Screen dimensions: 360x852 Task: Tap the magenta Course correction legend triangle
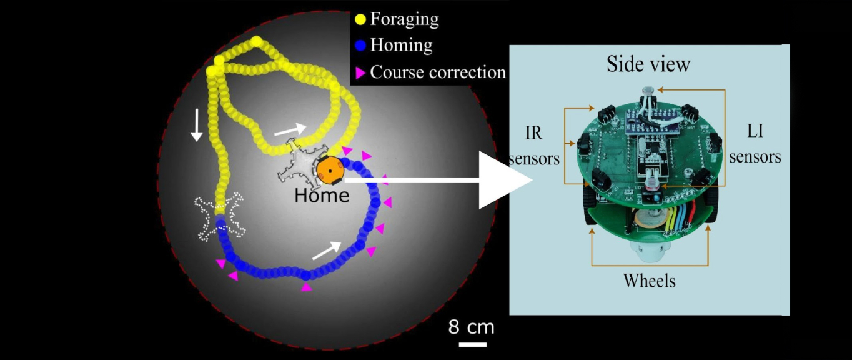pyautogui.click(x=360, y=73)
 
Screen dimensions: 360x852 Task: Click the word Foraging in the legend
pyautogui.click(x=404, y=19)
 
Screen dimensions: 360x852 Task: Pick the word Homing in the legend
pyautogui.click(x=401, y=46)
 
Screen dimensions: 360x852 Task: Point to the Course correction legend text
pyautogui.click(x=438, y=72)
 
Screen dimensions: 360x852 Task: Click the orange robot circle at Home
pyautogui.click(x=329, y=170)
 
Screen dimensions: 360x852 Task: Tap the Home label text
pyautogui.click(x=322, y=196)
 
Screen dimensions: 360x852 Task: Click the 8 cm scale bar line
pyautogui.click(x=473, y=344)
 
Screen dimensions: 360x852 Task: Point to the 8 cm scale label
pyautogui.click(x=471, y=327)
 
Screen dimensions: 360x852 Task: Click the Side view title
pyautogui.click(x=648, y=64)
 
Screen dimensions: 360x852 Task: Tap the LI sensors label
pyautogui.click(x=755, y=145)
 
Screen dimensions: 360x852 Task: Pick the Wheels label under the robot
pyautogui.click(x=649, y=281)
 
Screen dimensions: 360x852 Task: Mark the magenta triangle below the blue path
pyautogui.click(x=306, y=287)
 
